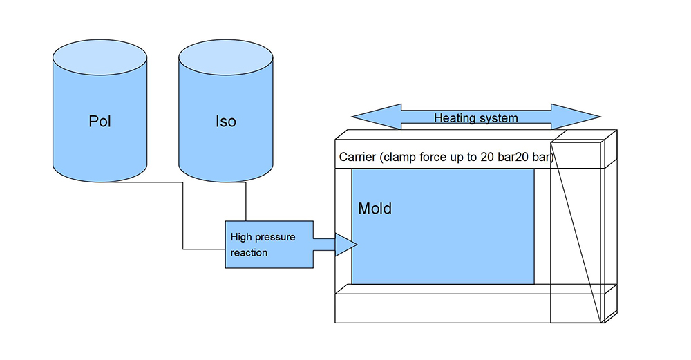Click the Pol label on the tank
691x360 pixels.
[x=100, y=122]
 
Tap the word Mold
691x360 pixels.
[x=375, y=208]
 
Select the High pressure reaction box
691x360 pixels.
[x=269, y=245]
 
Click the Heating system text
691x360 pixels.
[x=475, y=118]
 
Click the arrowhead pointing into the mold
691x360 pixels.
[x=345, y=245]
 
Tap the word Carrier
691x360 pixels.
[x=358, y=157]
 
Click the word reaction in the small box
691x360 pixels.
[x=249, y=253]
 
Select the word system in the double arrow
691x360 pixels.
[x=499, y=118]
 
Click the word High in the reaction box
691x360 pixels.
[x=241, y=237]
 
